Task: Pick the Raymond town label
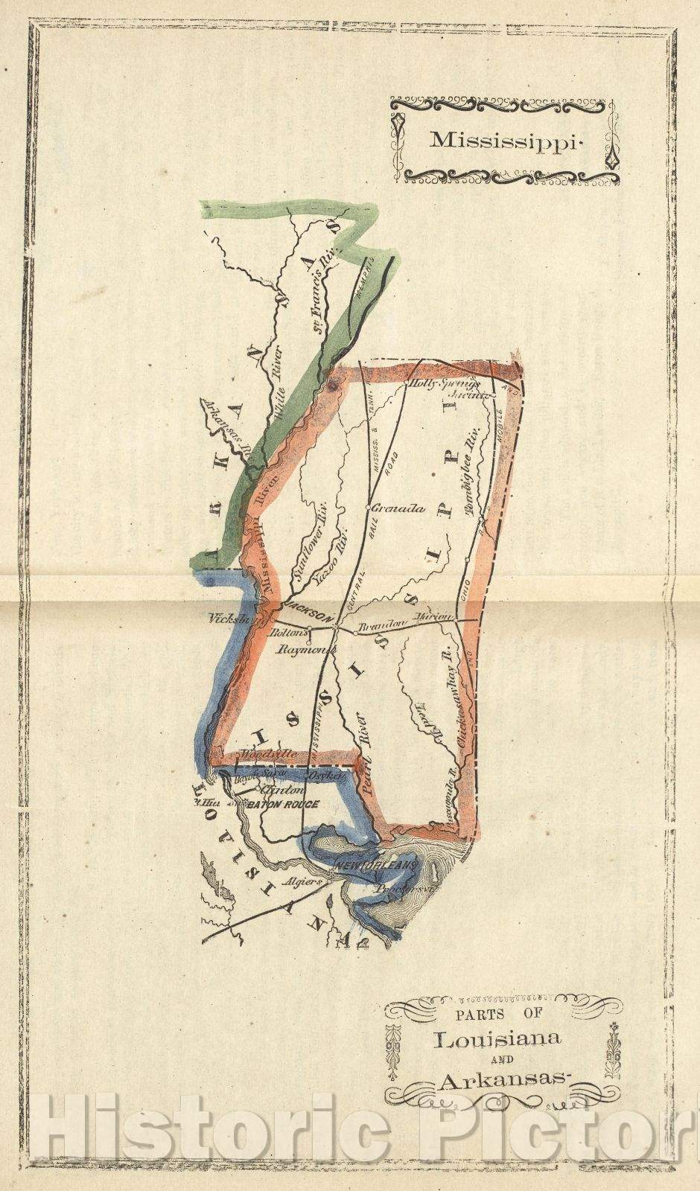click(303, 649)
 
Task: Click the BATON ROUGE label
click(283, 804)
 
